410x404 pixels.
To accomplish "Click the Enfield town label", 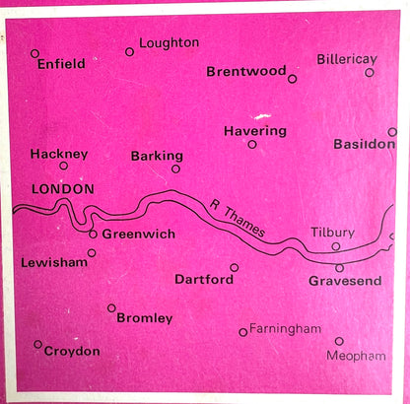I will click(61, 64).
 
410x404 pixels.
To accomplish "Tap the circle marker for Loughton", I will click(129, 51).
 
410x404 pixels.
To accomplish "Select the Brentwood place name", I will click(246, 71).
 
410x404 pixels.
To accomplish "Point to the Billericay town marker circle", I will click(370, 72).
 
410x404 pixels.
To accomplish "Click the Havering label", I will click(254, 130).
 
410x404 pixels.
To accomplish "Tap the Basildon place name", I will click(364, 144).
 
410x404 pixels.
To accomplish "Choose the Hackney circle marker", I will click(64, 166).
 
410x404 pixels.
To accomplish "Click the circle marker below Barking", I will click(175, 168).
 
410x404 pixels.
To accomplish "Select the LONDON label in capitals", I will click(63, 188).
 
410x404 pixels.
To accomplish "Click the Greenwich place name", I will click(139, 235).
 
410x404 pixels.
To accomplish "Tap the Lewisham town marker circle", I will click(92, 252).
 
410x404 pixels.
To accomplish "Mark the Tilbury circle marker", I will click(336, 246).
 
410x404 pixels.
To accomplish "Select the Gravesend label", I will click(345, 281).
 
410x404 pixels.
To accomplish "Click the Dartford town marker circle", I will click(235, 267).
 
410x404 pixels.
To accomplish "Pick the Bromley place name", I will click(144, 318).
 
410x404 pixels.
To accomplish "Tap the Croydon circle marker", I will click(38, 344).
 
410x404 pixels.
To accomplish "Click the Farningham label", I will click(286, 327).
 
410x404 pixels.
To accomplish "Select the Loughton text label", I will click(169, 43).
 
